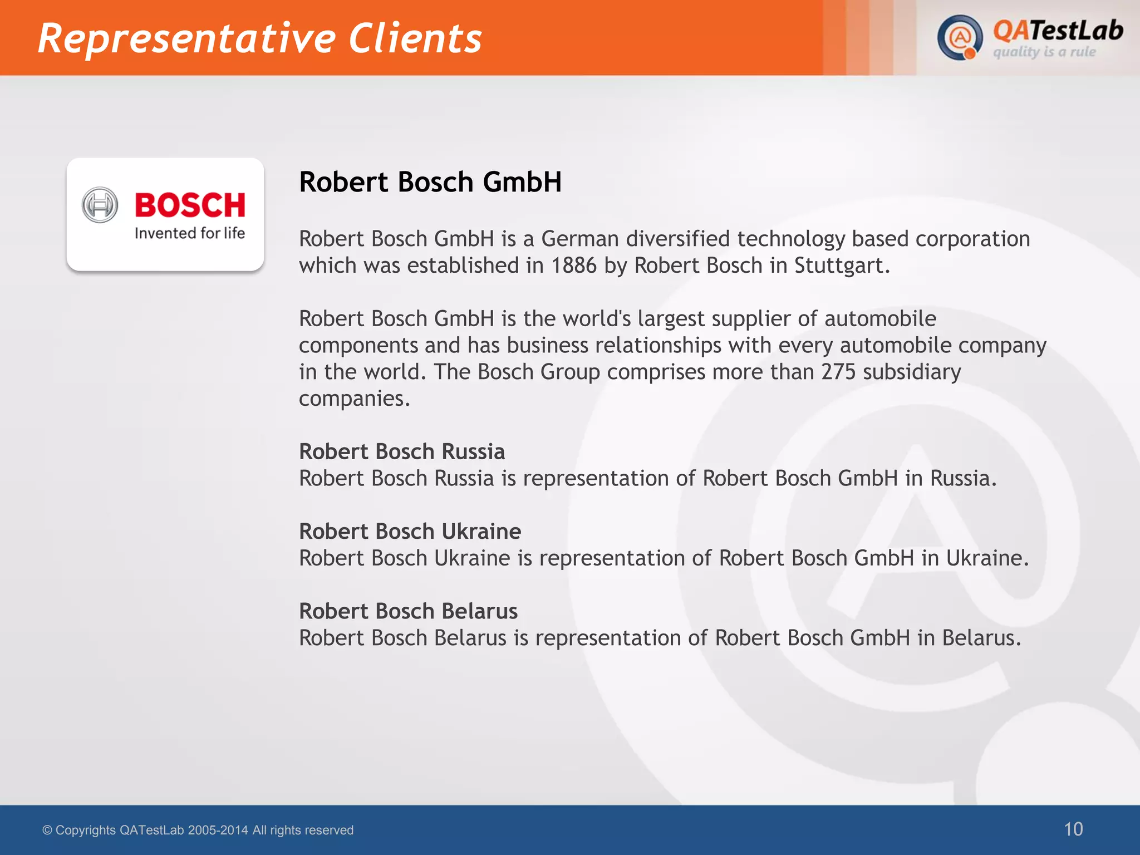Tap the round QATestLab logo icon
(960, 37)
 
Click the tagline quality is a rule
(1044, 52)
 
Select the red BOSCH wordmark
(190, 205)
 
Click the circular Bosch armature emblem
(100, 205)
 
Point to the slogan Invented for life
(190, 233)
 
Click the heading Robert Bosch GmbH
(430, 182)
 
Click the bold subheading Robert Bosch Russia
(401, 451)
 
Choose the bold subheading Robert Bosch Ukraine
(410, 531)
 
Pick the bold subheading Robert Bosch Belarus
(408, 611)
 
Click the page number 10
(1073, 829)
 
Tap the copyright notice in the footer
(198, 830)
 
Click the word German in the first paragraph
(579, 239)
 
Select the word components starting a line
(358, 346)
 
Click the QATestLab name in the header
(1058, 31)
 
